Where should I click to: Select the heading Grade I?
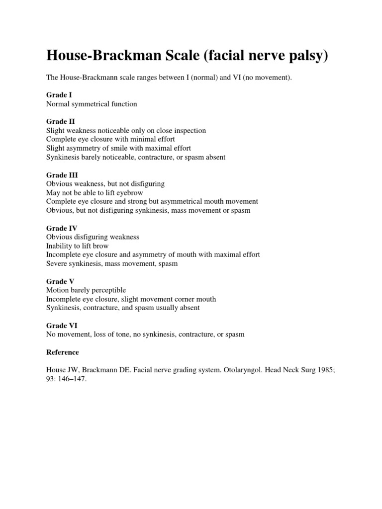pyautogui.click(x=59, y=95)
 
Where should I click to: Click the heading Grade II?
pyautogui.click(x=61, y=122)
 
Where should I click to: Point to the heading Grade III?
pyautogui.click(x=62, y=175)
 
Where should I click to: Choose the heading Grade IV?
pyautogui.click(x=62, y=228)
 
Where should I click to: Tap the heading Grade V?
pyautogui.click(x=60, y=281)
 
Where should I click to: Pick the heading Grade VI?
pyautogui.click(x=62, y=326)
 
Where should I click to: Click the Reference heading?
pyautogui.click(x=62, y=352)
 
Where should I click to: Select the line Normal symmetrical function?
pyautogui.click(x=92, y=104)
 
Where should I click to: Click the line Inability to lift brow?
pyautogui.click(x=77, y=246)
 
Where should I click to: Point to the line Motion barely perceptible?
pyautogui.click(x=86, y=290)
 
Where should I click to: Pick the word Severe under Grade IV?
pyautogui.click(x=57, y=264)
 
